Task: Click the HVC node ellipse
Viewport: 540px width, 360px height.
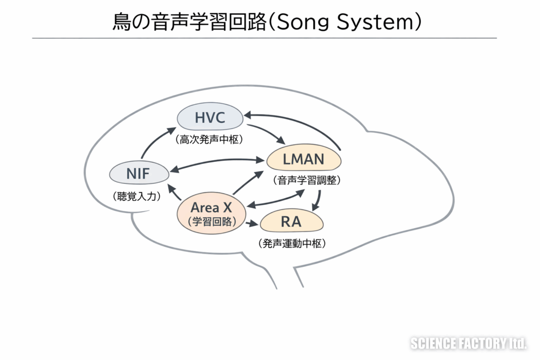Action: [210, 118]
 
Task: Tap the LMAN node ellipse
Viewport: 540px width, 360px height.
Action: [303, 159]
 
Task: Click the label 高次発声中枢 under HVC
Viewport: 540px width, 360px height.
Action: [209, 141]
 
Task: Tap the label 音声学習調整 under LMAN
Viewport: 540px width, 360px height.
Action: [307, 180]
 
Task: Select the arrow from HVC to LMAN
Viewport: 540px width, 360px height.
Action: [266, 134]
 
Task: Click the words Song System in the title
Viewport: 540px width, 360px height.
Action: [348, 22]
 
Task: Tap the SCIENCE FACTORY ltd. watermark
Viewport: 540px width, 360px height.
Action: [468, 344]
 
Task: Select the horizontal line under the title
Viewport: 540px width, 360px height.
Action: [264, 38]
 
